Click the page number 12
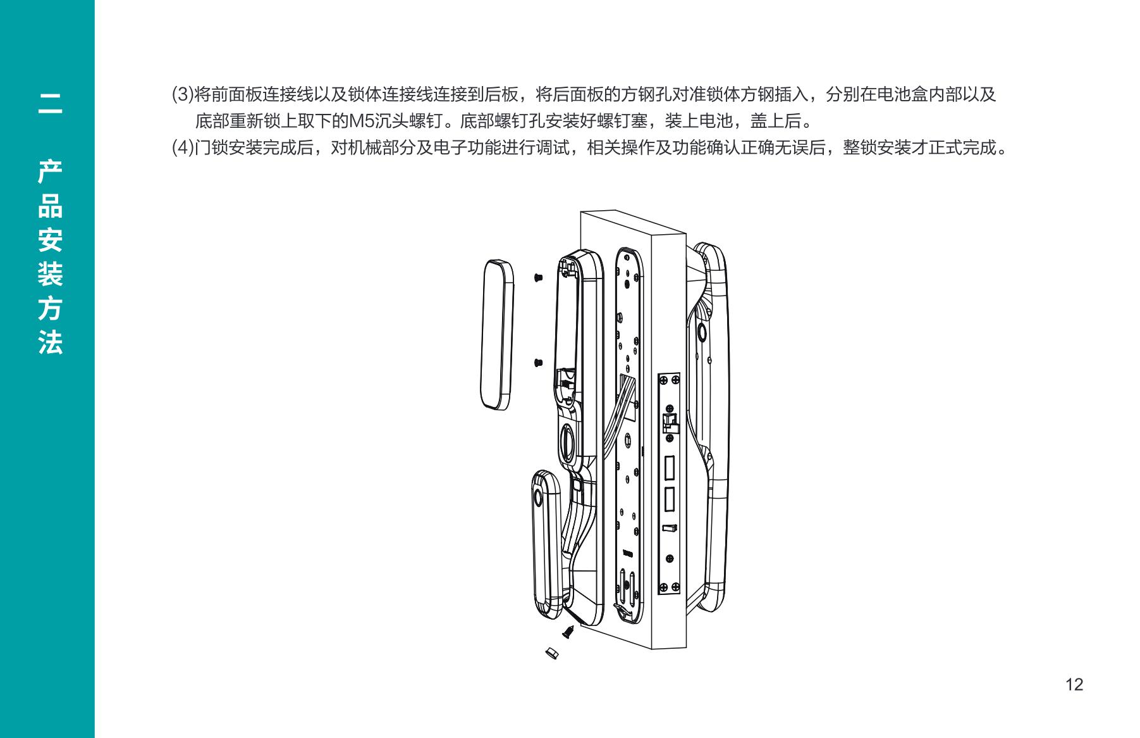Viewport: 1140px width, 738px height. tap(1074, 684)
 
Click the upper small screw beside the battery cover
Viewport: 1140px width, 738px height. tap(538, 277)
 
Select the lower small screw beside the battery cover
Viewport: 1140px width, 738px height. tap(538, 363)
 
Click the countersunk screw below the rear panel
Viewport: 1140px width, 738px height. tap(568, 631)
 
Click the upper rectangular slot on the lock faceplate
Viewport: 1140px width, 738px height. tap(668, 468)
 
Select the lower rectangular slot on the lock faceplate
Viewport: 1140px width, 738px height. tap(668, 499)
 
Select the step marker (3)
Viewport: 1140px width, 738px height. tap(183, 95)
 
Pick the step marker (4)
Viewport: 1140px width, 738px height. tap(183, 148)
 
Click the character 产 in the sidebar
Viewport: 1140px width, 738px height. tap(50, 173)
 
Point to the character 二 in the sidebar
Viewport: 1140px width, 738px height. tap(50, 104)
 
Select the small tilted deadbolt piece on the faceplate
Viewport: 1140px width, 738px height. tap(669, 527)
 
